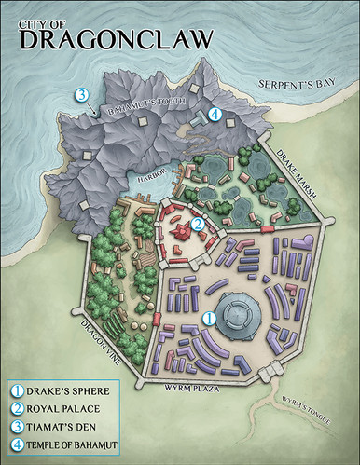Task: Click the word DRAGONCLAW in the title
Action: click(x=115, y=37)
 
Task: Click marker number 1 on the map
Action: click(x=210, y=318)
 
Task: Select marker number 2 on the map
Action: click(x=198, y=223)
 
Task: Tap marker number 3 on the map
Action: click(x=81, y=94)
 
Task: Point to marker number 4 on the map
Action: click(x=215, y=115)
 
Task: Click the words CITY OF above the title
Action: click(x=43, y=16)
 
